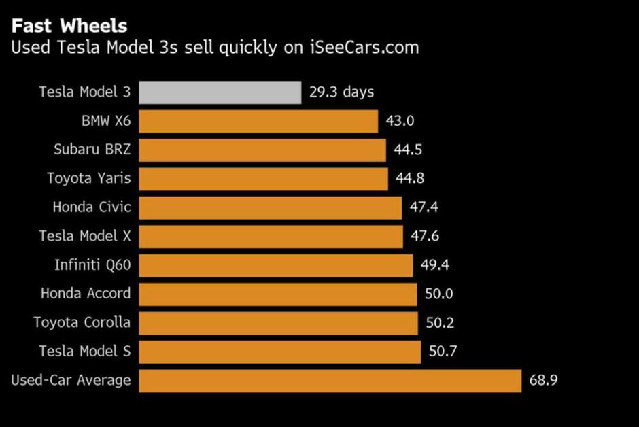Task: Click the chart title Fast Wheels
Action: [x=69, y=26]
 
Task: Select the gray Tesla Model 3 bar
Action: [x=220, y=92]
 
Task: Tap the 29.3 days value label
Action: [x=341, y=92]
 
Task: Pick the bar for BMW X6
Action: [x=258, y=122]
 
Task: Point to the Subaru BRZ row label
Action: [x=92, y=150]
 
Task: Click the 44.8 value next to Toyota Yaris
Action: [x=411, y=179]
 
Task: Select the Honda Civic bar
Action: [x=270, y=207]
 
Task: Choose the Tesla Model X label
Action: [x=85, y=236]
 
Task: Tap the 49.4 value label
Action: [x=435, y=265]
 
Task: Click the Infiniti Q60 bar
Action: [x=275, y=265]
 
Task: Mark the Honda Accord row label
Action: [x=86, y=294]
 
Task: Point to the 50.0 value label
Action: [x=439, y=294]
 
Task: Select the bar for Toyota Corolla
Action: [x=278, y=323]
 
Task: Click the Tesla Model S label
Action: [x=85, y=352]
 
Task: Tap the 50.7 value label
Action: [x=443, y=352]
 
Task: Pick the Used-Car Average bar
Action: [x=330, y=381]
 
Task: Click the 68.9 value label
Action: [x=544, y=381]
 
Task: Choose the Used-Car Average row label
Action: [x=71, y=380]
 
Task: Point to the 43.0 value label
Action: [x=400, y=122]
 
